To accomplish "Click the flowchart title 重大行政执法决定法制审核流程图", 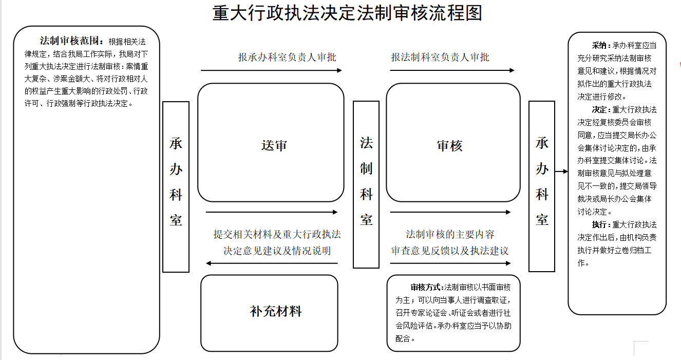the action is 347,13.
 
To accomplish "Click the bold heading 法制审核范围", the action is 69,41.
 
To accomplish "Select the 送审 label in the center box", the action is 274,146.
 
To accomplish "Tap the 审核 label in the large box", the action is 450,146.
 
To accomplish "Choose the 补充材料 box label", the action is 276,311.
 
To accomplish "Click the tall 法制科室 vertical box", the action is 366,184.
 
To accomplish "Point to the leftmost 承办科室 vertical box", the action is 176,187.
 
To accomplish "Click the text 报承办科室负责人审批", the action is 287,57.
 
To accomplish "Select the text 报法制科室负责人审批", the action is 440,57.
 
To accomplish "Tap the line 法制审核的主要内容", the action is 450,234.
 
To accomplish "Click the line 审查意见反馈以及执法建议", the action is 450,251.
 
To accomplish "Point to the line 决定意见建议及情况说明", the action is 277,251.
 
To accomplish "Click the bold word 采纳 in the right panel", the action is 599,46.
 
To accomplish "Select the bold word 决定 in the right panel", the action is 599,109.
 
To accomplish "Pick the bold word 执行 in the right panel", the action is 599,225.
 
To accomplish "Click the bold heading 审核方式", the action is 425,287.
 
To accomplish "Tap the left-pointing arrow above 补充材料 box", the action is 272,263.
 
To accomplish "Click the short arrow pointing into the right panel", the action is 561,172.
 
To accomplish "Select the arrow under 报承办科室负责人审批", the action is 271,70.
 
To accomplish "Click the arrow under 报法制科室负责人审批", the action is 452,70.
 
